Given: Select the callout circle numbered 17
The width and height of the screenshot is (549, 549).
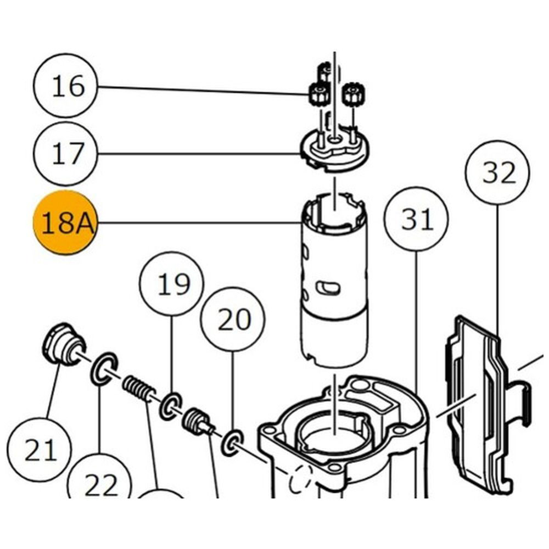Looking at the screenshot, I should pyautogui.click(x=66, y=154).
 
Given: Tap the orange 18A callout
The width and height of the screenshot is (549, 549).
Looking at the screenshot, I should pyautogui.click(x=65, y=223).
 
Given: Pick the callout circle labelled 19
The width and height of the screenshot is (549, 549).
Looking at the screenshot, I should pyautogui.click(x=172, y=283).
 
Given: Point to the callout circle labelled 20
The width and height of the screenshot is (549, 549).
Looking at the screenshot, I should pyautogui.click(x=233, y=319).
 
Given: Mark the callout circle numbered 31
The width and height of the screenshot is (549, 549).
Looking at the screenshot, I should pyautogui.click(x=416, y=220).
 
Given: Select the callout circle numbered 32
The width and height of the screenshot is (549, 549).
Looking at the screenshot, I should pyautogui.click(x=497, y=173).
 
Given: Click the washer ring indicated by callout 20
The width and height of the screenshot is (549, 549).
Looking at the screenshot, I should pyautogui.click(x=233, y=442).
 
